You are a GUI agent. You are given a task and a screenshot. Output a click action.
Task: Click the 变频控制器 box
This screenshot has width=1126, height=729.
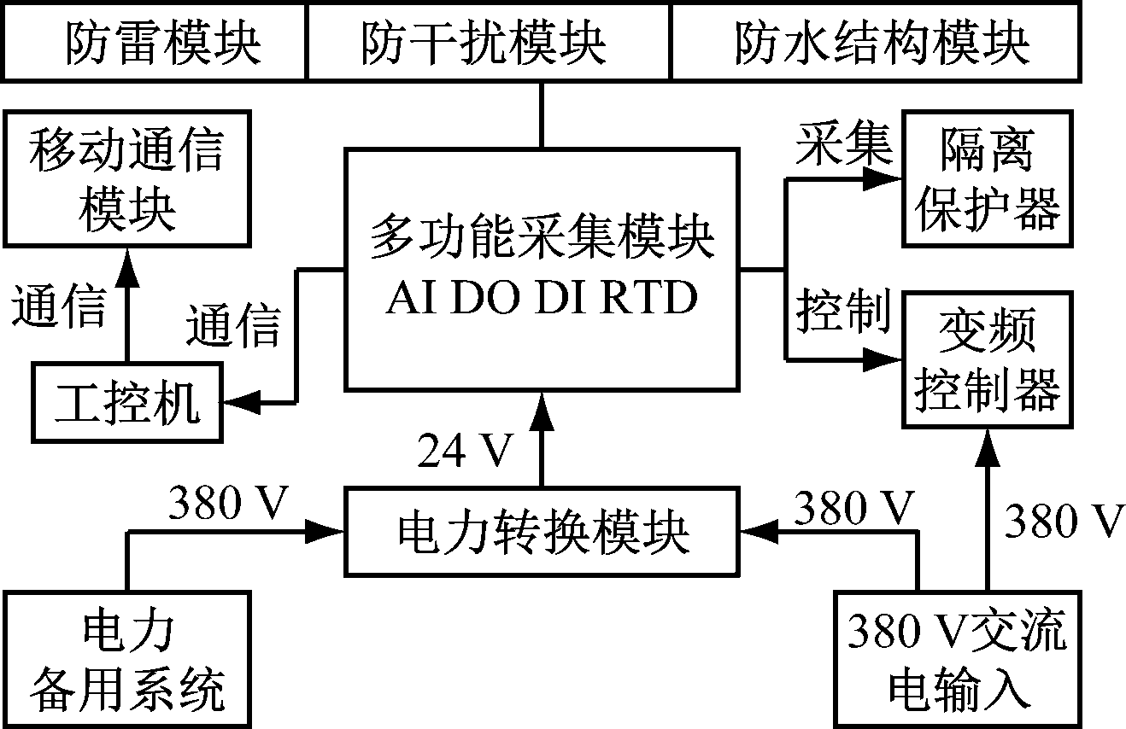coord(988,359)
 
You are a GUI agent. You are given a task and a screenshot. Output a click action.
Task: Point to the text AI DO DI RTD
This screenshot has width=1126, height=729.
coord(542,299)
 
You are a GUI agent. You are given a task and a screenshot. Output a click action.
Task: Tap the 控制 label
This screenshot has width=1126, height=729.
coord(842,312)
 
